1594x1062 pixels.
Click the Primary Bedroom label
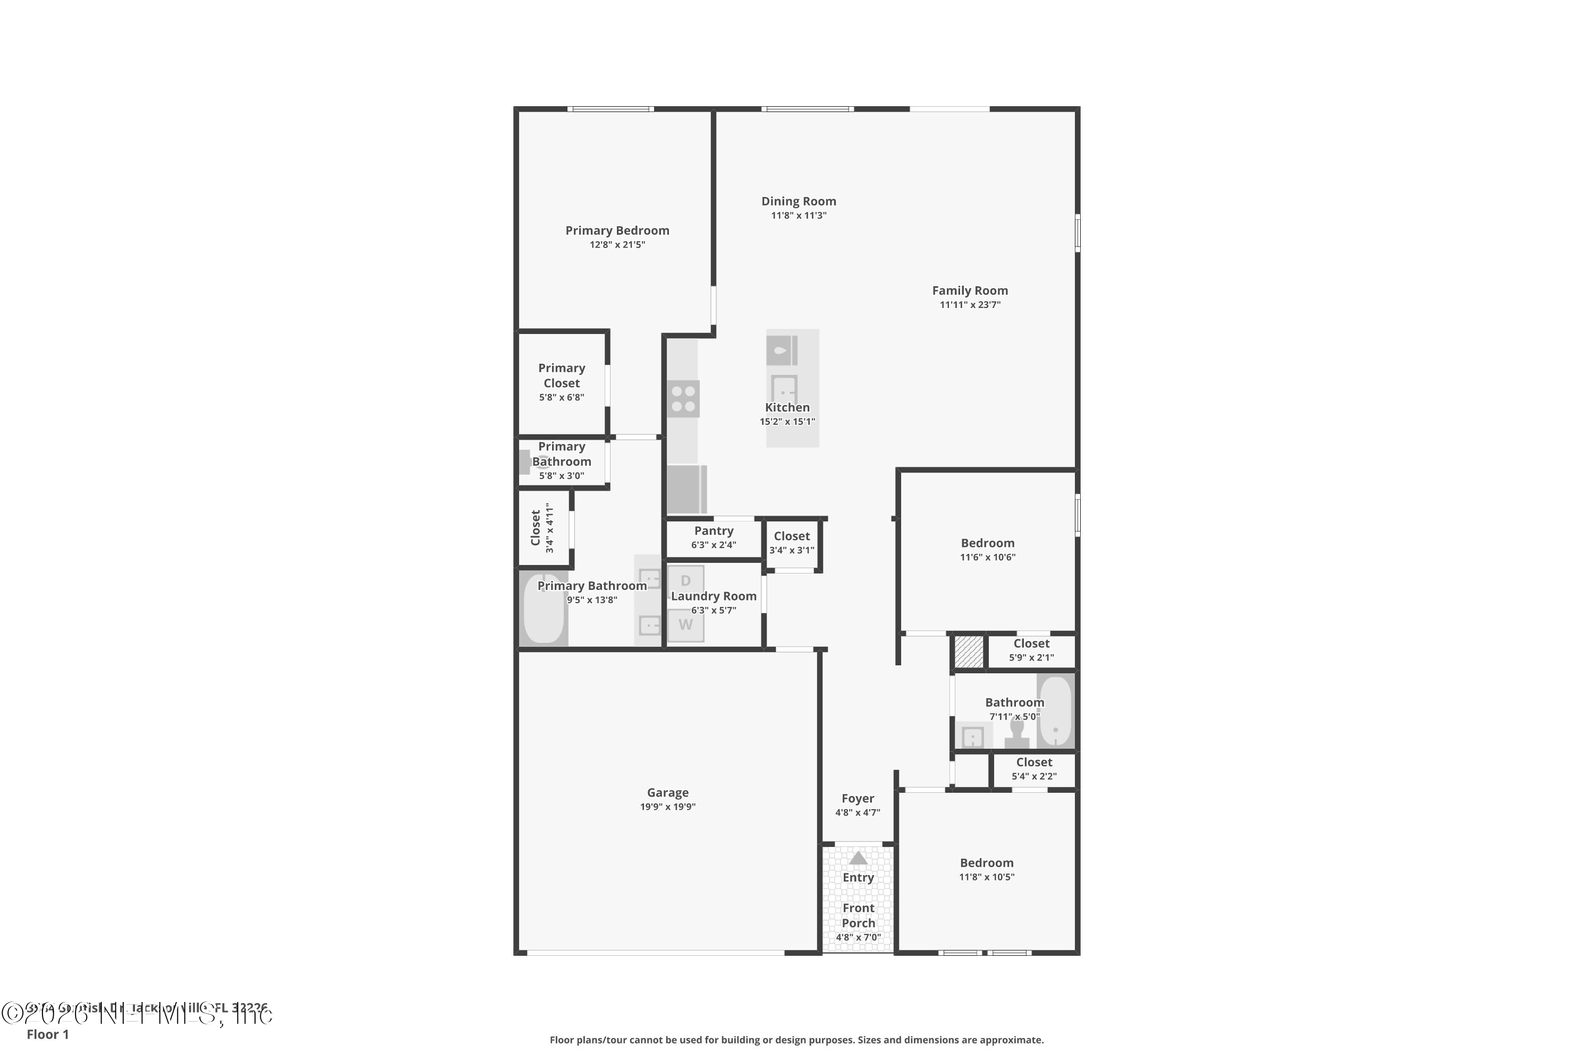pos(617,230)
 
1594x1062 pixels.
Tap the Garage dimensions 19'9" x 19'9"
pos(667,807)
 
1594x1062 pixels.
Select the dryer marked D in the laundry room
pos(685,580)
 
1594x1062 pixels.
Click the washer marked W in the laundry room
pos(685,624)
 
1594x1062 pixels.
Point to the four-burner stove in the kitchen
pos(683,398)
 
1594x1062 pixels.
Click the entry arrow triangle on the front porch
pos(858,858)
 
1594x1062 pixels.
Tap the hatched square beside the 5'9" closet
pos(969,652)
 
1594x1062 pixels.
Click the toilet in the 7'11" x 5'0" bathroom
pos(1016,733)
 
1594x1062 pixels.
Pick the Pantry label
pos(714,531)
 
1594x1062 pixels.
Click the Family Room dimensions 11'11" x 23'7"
pos(970,305)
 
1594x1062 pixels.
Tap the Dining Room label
pos(799,201)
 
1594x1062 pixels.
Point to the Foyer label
pos(858,799)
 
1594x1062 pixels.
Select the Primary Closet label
pos(561,375)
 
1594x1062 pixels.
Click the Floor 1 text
pos(47,1034)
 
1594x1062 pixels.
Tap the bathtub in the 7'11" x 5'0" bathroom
pos(1055,710)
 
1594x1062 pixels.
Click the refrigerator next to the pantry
pos(686,489)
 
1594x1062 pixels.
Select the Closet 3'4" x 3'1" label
pos(792,536)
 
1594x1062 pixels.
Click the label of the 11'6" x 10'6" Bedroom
pos(987,543)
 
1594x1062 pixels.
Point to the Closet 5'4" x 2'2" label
pos(1033,762)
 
